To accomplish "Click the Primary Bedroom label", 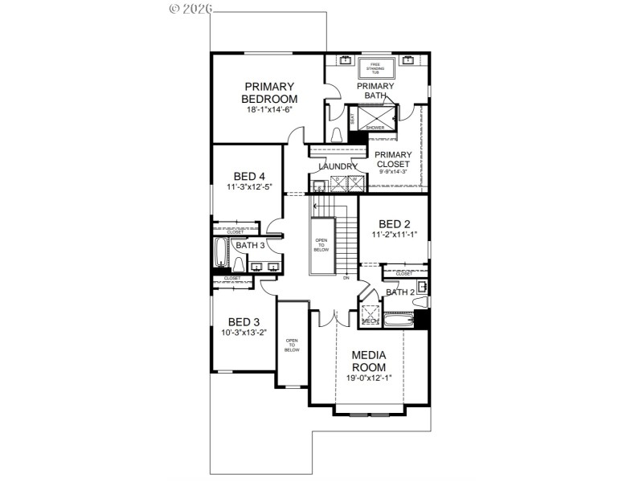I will [269, 92].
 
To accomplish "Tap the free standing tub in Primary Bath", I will [375, 67].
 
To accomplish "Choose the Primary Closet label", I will [394, 160].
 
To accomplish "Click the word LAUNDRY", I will [338, 166].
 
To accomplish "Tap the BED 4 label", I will [249, 177].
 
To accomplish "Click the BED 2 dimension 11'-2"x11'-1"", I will [394, 235].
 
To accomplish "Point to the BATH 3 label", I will [249, 245].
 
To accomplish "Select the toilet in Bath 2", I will [420, 301].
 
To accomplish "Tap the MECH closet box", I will [370, 315].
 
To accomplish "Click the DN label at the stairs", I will [346, 278].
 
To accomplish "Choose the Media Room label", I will [370, 361].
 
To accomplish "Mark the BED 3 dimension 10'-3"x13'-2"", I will [244, 333].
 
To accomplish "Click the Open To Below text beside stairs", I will [321, 245].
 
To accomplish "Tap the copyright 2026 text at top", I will [190, 9].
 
